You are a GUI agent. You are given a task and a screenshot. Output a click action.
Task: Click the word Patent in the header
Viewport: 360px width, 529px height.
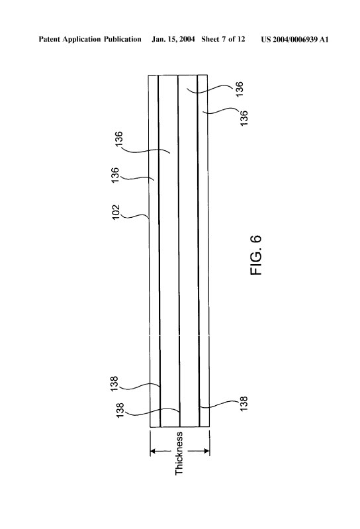50,39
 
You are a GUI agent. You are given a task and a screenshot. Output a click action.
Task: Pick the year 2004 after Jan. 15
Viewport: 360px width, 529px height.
187,39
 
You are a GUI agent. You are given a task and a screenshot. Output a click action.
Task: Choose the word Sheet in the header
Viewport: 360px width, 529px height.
210,39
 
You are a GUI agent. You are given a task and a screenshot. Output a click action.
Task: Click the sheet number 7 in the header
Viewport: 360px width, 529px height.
224,39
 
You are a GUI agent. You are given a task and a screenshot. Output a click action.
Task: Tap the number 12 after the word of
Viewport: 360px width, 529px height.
241,39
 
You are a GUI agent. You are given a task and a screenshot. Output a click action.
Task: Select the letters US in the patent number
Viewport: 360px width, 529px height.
265,40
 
